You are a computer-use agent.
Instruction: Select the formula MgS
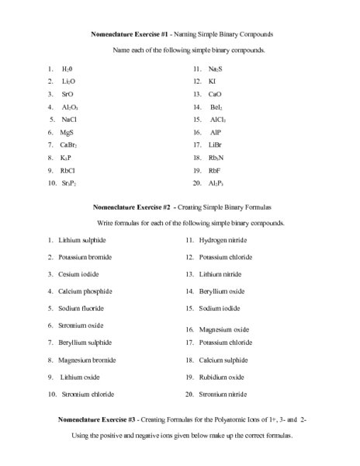(x=67, y=132)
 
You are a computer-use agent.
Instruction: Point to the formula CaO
(x=215, y=94)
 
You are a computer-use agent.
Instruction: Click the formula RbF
(x=216, y=170)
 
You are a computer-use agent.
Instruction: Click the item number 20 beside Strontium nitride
(x=189, y=394)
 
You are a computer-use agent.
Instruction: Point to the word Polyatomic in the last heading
(x=227, y=419)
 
